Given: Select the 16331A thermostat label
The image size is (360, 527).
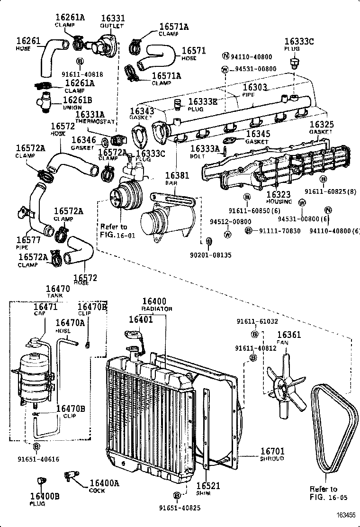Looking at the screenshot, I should [89, 114].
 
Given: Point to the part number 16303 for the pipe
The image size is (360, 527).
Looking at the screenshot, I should [255, 88].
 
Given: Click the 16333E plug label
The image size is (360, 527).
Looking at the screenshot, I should [203, 101].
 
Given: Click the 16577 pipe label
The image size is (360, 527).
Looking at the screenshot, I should [30, 240].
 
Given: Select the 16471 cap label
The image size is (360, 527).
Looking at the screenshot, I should [45, 307].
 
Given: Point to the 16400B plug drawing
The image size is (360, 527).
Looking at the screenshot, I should [41, 481].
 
